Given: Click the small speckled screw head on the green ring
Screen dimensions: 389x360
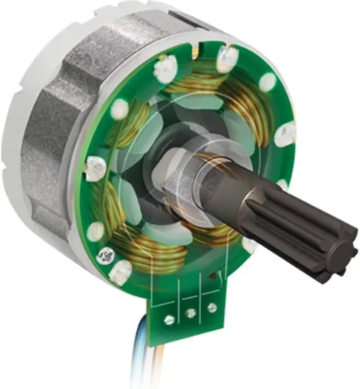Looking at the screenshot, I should pyautogui.click(x=101, y=254).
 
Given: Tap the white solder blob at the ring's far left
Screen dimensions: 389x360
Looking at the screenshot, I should pyautogui.click(x=94, y=166).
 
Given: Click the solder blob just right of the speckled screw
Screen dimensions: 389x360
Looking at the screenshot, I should pyautogui.click(x=121, y=272).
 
